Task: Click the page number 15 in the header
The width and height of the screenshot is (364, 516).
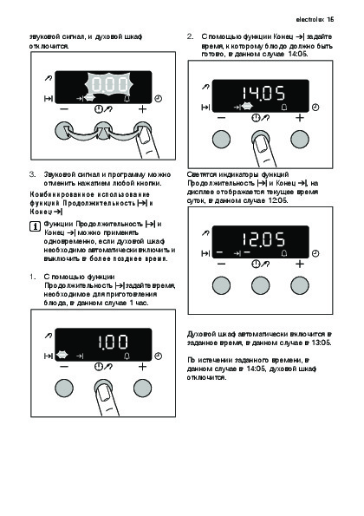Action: (x=330, y=19)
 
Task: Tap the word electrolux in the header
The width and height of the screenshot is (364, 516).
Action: (x=310, y=19)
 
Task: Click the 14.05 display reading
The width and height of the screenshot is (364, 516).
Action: (x=263, y=93)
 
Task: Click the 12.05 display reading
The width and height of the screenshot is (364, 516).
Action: (x=263, y=239)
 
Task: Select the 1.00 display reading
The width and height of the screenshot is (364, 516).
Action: (x=113, y=342)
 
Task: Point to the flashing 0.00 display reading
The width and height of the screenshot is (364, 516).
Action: (x=109, y=85)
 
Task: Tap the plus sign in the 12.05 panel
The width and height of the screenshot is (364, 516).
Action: (x=300, y=264)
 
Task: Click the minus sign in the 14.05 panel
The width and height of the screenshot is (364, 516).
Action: (x=221, y=117)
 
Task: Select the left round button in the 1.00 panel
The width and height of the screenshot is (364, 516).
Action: (x=64, y=389)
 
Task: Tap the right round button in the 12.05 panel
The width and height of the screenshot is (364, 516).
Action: (x=300, y=285)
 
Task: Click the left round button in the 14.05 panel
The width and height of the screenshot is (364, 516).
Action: (x=221, y=140)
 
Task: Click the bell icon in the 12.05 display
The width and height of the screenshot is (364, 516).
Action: (x=284, y=253)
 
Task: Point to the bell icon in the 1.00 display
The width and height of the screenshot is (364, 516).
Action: (x=127, y=356)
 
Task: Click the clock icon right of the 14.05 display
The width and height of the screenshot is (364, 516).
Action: (x=315, y=107)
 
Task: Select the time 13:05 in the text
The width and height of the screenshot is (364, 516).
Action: (x=322, y=343)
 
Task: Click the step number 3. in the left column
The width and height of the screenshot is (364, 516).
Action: (x=33, y=174)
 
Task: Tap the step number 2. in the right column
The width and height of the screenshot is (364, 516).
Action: (x=190, y=36)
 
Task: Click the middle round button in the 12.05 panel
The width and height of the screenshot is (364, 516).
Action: (x=260, y=285)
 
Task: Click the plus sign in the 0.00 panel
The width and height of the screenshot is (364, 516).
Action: (x=142, y=109)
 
